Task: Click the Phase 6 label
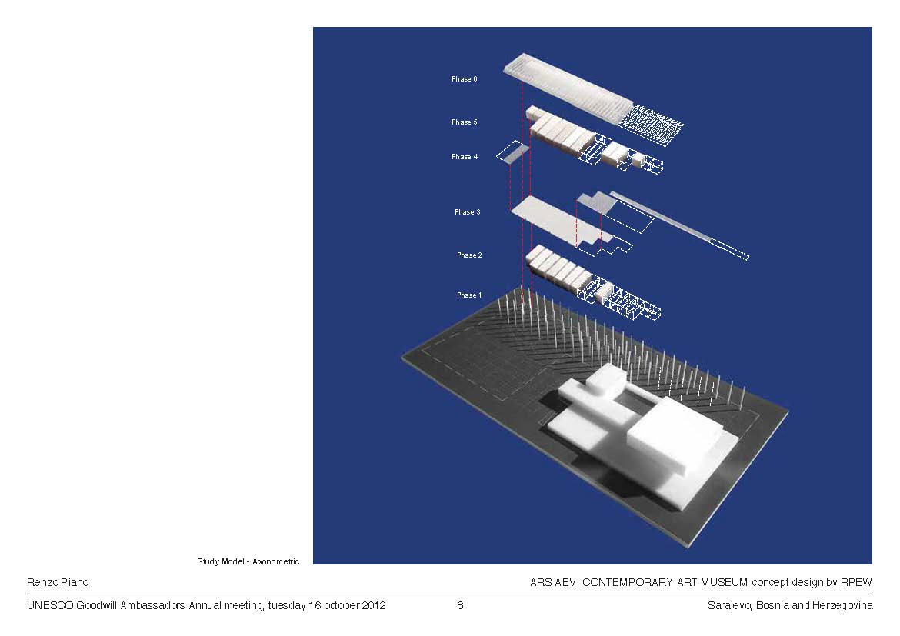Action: [464, 79]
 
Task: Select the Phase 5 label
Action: [464, 122]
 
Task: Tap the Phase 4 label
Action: [465, 157]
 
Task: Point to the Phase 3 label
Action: [467, 212]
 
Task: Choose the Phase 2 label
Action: [469, 255]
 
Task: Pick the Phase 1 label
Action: [469, 295]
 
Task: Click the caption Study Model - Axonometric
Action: [248, 562]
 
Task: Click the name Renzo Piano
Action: [58, 583]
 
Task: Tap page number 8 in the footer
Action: [460, 605]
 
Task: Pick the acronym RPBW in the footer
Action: [856, 583]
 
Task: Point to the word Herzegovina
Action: [842, 606]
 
